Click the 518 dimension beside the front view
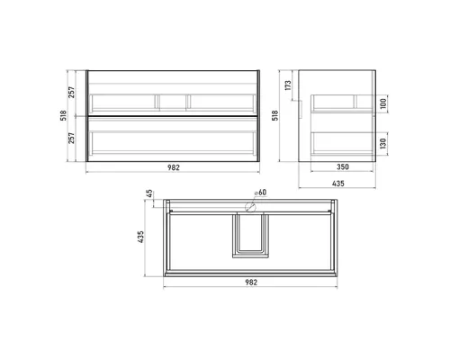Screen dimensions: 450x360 coord(64,115)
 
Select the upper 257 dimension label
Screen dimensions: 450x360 coord(71,93)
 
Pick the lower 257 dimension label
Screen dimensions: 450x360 coord(71,139)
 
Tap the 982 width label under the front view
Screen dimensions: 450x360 coord(174,167)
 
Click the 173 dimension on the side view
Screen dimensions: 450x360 coord(288,85)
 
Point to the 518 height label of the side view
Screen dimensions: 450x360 coord(275,115)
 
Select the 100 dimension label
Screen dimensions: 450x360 coord(383,103)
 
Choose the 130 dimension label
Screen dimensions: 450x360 coord(383,144)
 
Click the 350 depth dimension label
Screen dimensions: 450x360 coord(343,166)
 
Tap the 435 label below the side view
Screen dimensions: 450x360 coord(338,184)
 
